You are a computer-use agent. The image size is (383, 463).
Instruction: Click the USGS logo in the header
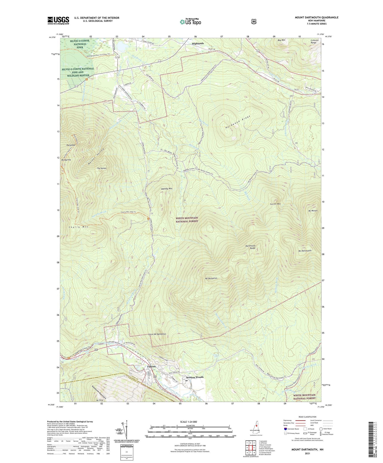click(58, 20)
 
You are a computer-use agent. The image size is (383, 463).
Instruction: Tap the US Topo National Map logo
click(190, 22)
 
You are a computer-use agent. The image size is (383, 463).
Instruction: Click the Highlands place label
click(198, 43)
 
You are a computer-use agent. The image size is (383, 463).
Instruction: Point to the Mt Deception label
click(211, 278)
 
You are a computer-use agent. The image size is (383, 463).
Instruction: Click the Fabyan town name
click(151, 366)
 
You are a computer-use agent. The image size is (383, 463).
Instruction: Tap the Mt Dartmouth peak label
click(305, 251)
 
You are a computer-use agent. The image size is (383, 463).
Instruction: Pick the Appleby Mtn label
click(166, 188)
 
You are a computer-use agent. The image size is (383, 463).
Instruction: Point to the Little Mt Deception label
click(157, 334)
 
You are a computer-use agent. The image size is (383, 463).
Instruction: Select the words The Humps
click(102, 168)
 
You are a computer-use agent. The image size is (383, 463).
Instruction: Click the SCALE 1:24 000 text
click(190, 422)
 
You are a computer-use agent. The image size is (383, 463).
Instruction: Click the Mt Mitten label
click(313, 211)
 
